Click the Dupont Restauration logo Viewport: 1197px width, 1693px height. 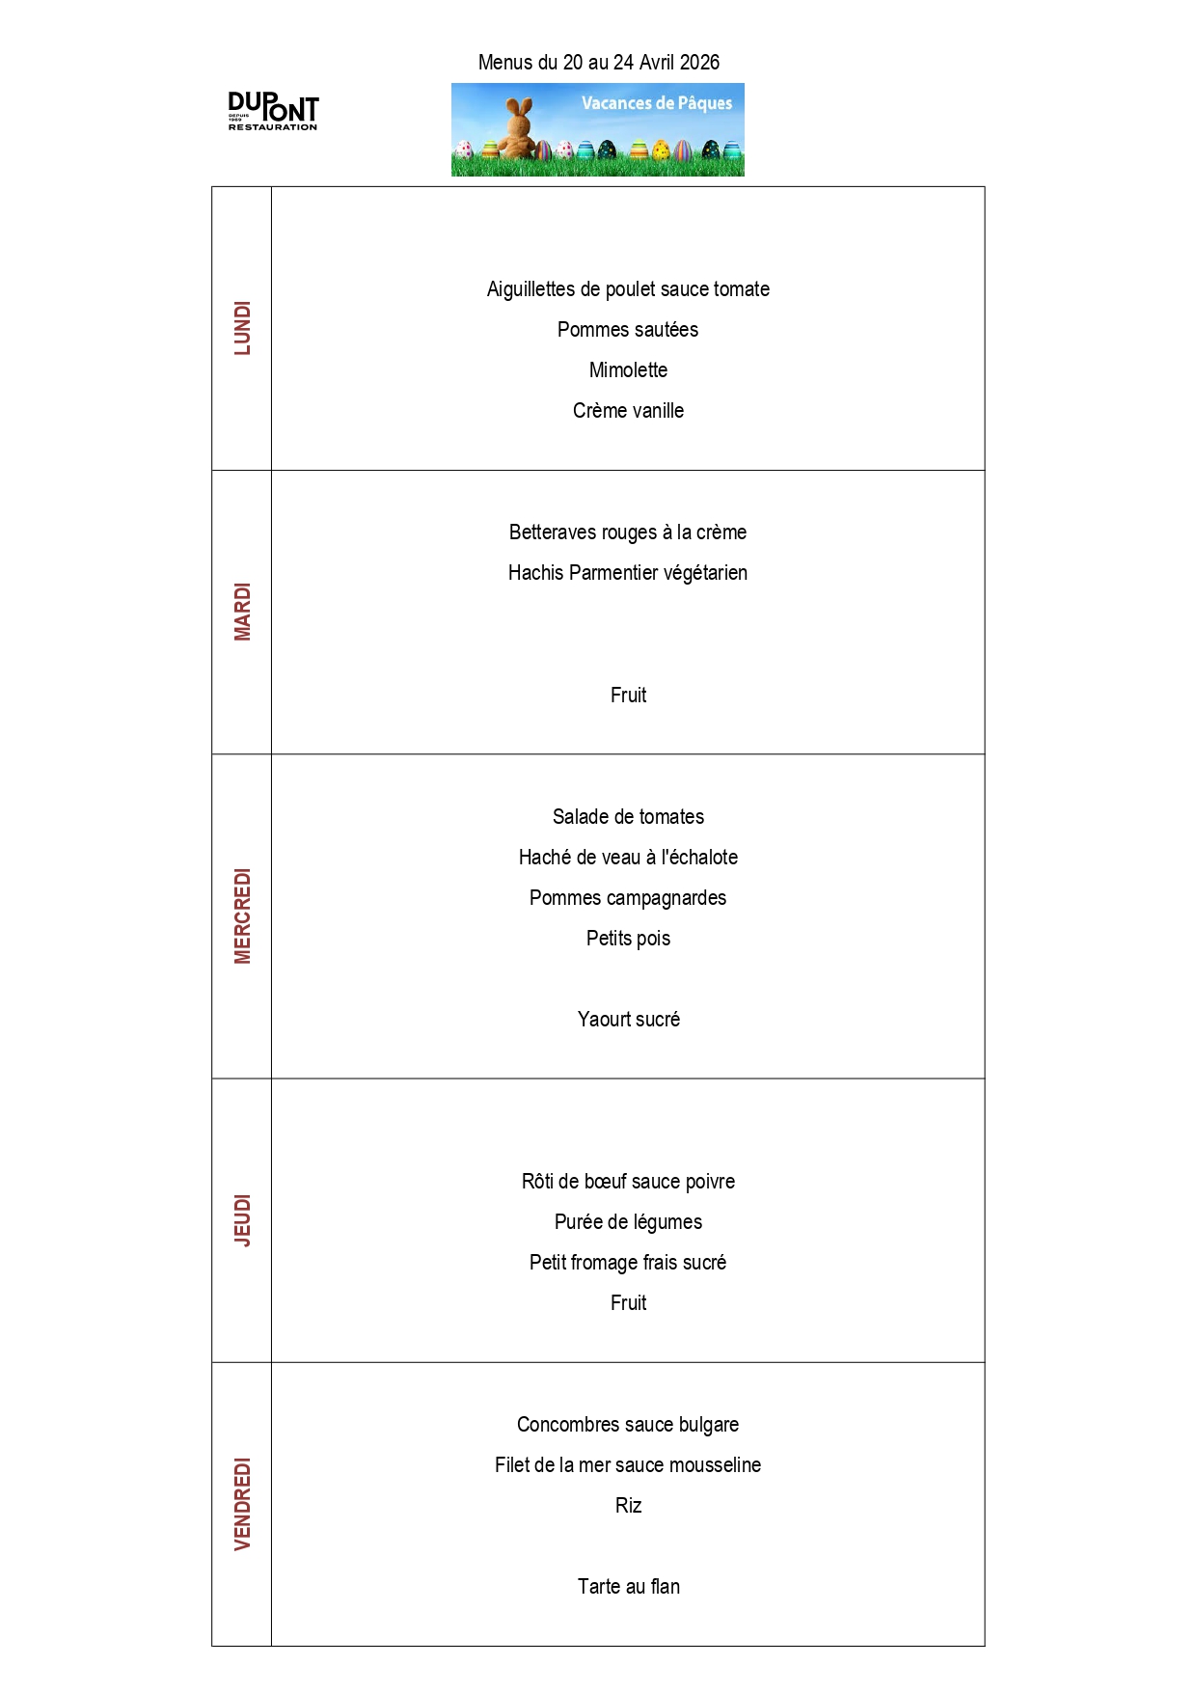[273, 111]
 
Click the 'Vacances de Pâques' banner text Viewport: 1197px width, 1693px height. [656, 103]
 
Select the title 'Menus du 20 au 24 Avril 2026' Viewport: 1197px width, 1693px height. [598, 63]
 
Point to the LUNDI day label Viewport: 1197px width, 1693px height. [242, 328]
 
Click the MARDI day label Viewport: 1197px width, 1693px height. [242, 612]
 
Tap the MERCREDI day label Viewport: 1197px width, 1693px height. [242, 915]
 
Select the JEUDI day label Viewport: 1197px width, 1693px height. [242, 1220]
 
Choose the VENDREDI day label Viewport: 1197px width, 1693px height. [242, 1504]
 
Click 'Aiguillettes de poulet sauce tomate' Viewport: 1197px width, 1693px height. [628, 289]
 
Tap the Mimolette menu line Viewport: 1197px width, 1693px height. [628, 370]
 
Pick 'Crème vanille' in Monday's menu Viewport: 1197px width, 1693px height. [628, 411]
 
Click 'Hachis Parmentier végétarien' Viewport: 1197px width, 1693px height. [628, 573]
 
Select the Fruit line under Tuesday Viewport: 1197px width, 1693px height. [628, 696]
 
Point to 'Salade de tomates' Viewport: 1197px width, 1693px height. [628, 817]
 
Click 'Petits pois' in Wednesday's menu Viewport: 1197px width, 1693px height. [628, 939]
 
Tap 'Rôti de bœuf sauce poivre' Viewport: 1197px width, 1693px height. [628, 1182]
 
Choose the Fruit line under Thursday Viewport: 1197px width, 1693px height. [628, 1303]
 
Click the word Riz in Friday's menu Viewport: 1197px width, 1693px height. [628, 1506]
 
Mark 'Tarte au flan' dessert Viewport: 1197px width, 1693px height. [628, 1587]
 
